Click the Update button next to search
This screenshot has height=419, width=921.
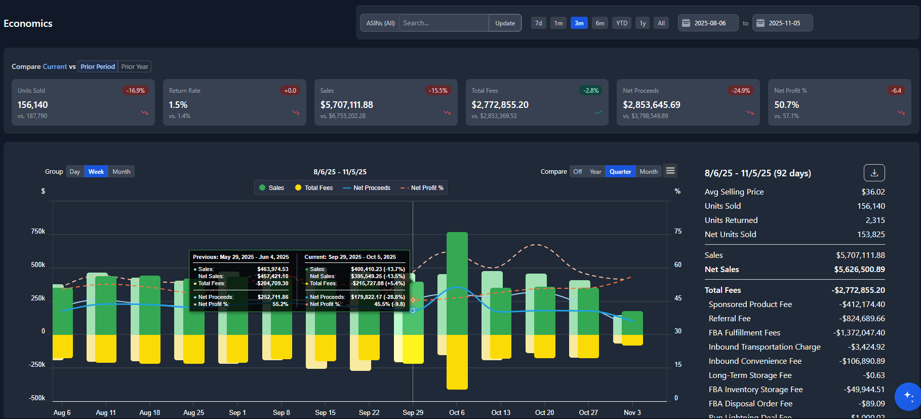click(505, 23)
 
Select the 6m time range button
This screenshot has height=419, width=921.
click(600, 23)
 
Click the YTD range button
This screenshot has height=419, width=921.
click(622, 23)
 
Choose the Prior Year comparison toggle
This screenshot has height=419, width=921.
click(135, 67)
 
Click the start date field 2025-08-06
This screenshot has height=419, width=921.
click(709, 23)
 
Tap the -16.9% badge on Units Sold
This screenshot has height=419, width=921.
click(135, 91)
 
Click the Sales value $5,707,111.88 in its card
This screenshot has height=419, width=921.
click(347, 105)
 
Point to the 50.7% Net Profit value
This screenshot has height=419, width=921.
click(786, 105)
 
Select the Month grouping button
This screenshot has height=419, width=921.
click(122, 172)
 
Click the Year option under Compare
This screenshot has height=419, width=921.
click(595, 172)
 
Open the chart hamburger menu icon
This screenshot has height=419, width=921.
click(670, 171)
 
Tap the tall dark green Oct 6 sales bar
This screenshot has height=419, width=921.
click(457, 284)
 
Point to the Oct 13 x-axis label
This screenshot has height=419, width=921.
click(501, 412)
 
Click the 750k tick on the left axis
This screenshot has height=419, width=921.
click(38, 232)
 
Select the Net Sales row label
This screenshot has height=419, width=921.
click(722, 270)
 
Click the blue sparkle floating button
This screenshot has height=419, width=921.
click(908, 396)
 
